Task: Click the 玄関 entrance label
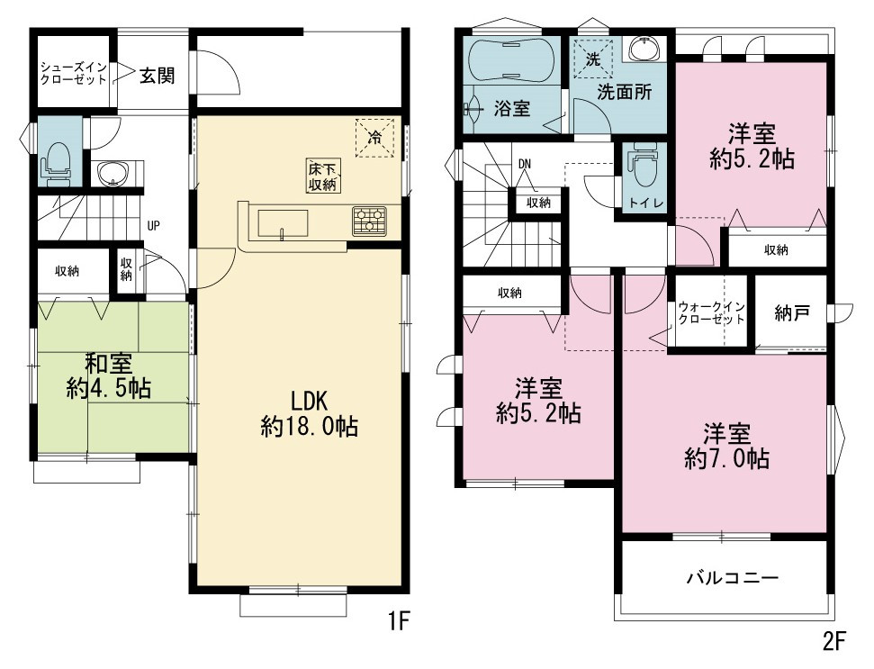157,76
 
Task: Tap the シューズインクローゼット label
74,74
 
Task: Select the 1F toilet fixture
56,161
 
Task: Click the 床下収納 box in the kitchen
323,176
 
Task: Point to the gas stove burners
369,220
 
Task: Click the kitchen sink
282,223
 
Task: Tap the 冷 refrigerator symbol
375,137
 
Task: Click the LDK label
309,402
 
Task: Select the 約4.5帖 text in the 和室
109,387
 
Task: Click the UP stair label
153,226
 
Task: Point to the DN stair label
525,165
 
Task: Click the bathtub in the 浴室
511,59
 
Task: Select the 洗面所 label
625,92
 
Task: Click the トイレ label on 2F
646,203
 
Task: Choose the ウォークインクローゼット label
711,312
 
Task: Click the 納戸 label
792,312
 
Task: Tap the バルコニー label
732,577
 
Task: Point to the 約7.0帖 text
727,459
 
